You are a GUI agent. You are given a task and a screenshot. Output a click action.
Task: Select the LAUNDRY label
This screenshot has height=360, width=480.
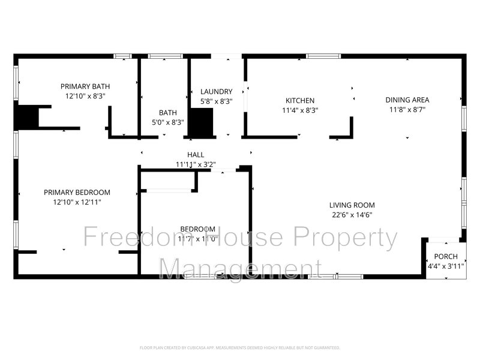pyautogui.click(x=216, y=91)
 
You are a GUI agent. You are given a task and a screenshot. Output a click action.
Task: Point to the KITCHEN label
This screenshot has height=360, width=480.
pyautogui.click(x=299, y=101)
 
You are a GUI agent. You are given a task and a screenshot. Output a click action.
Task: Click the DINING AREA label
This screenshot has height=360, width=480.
pyautogui.click(x=407, y=100)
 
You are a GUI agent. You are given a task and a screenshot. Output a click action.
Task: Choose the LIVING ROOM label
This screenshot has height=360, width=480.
pyautogui.click(x=352, y=205)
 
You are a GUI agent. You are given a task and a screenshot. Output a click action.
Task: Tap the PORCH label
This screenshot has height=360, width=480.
pyautogui.click(x=445, y=256)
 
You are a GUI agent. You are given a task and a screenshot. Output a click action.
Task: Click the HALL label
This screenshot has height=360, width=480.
pyautogui.click(x=196, y=155)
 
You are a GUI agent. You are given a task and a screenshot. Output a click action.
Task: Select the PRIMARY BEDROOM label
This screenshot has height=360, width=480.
pyautogui.click(x=77, y=193)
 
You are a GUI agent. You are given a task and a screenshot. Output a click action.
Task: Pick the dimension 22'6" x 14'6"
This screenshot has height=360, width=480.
pyautogui.click(x=352, y=215)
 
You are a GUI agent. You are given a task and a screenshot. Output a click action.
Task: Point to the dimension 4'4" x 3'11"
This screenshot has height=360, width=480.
pyautogui.click(x=445, y=266)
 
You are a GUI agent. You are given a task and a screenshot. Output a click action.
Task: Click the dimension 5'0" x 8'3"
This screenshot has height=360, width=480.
pyautogui.click(x=167, y=122)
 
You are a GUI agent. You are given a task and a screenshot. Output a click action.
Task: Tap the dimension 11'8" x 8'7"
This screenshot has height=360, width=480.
pyautogui.click(x=407, y=110)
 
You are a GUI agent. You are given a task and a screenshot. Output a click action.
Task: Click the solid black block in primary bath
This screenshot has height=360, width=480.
pyautogui.click(x=27, y=116)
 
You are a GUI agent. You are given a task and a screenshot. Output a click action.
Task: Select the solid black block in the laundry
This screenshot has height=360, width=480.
pyautogui.click(x=202, y=122)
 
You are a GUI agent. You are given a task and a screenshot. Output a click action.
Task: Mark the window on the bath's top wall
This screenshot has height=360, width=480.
pyautogui.click(x=166, y=56)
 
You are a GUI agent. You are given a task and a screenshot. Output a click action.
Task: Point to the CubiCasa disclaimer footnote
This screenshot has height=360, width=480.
pyautogui.click(x=240, y=347)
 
